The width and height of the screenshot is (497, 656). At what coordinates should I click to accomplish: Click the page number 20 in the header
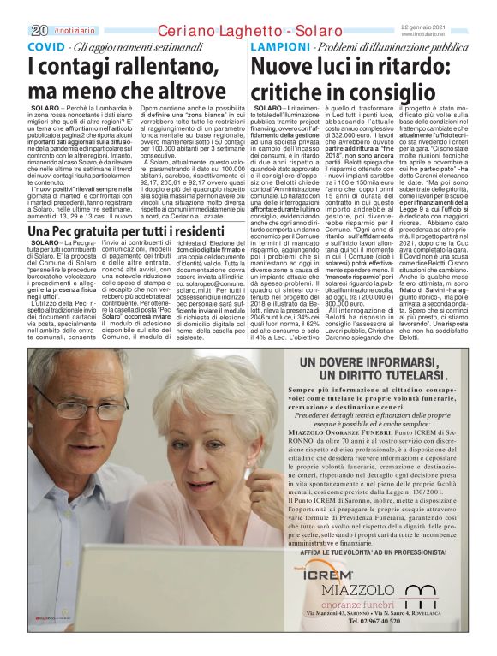[x=37, y=31]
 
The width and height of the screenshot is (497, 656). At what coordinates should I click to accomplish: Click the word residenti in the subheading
[x=196, y=231]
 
